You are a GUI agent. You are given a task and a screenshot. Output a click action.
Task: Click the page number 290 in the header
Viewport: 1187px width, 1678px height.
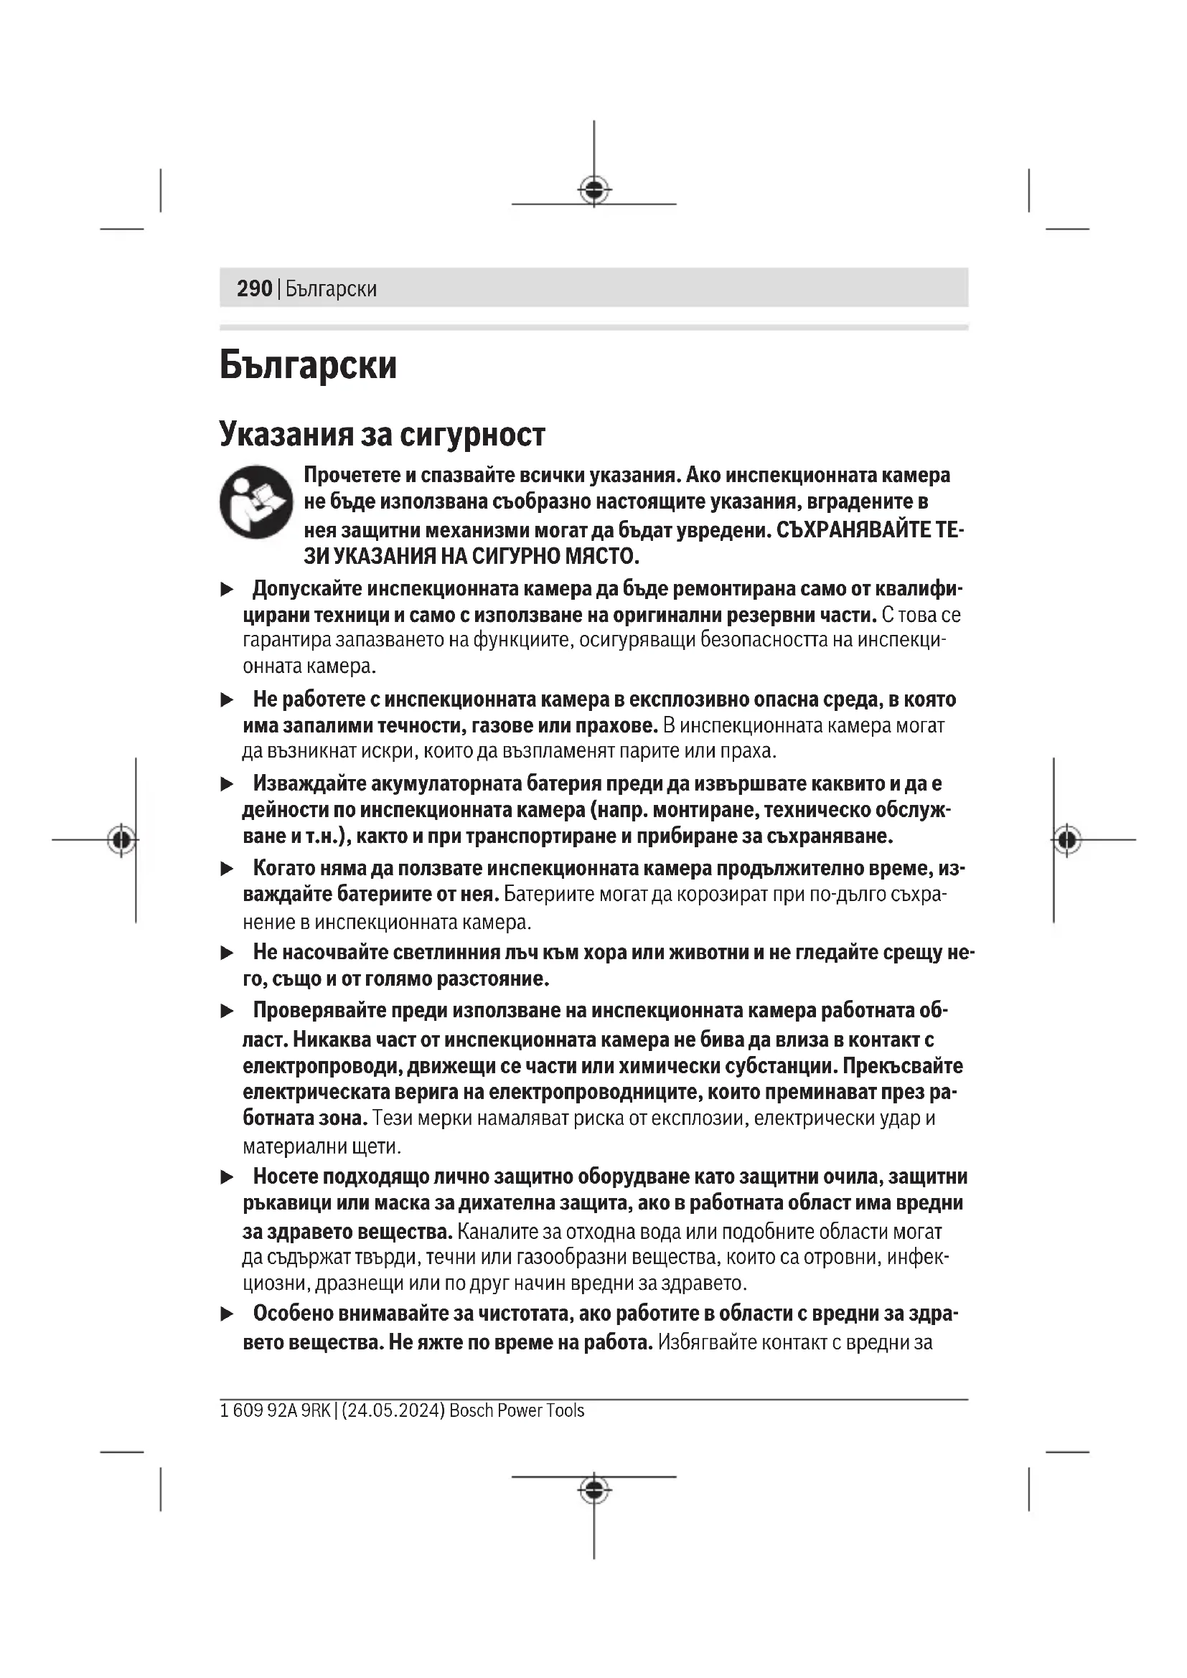pyautogui.click(x=254, y=288)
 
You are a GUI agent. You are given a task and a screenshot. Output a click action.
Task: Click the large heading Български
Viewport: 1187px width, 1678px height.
pyautogui.click(x=308, y=364)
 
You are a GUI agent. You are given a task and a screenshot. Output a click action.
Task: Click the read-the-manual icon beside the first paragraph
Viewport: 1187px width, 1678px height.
pyautogui.click(x=256, y=502)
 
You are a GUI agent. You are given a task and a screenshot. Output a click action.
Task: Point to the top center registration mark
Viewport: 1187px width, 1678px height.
pyautogui.click(x=594, y=189)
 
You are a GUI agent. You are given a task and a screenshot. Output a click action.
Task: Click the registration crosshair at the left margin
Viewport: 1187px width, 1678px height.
pyautogui.click(x=121, y=840)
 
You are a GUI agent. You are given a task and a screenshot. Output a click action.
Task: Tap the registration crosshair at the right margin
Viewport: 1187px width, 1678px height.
pyautogui.click(x=1067, y=840)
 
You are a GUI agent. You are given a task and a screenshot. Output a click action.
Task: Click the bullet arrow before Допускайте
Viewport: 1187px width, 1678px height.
pyautogui.click(x=227, y=589)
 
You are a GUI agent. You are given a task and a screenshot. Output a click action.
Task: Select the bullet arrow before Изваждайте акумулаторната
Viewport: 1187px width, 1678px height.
pyautogui.click(x=227, y=784)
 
